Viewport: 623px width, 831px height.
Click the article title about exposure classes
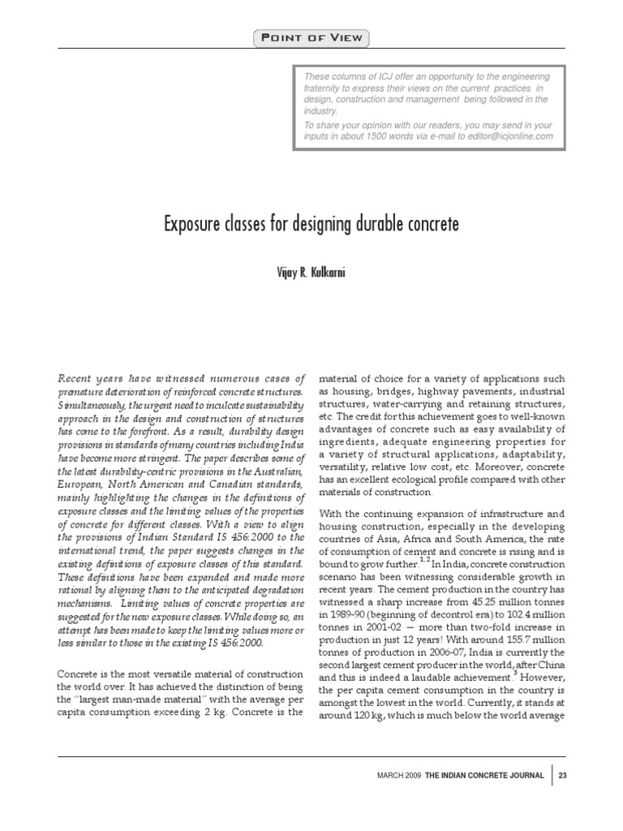(x=311, y=224)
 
